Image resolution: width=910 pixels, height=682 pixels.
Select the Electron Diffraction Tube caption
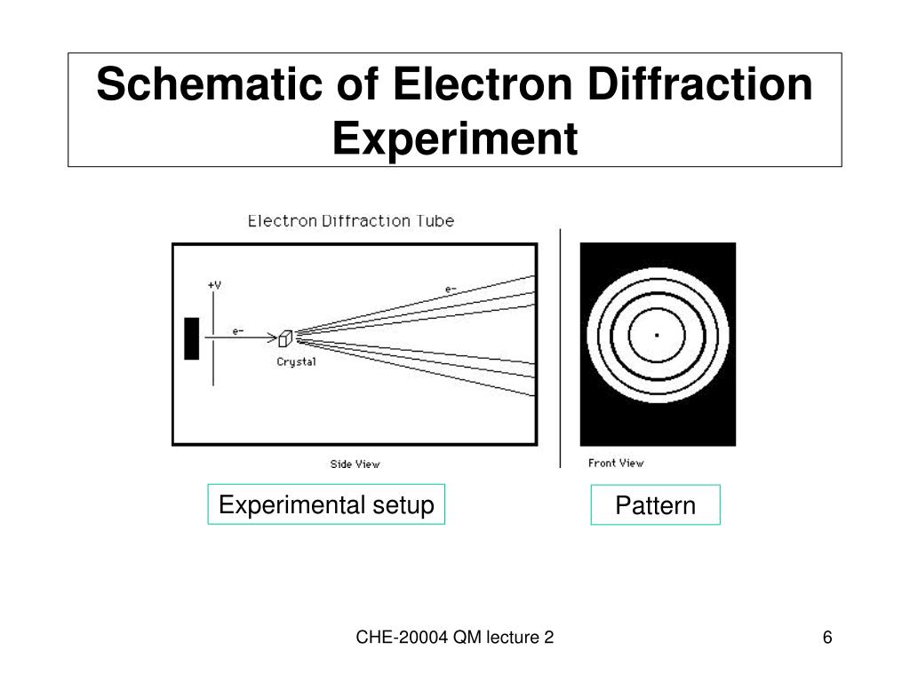pos(350,221)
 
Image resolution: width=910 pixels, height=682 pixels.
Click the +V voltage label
pos(214,285)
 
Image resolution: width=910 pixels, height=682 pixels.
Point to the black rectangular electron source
pos(191,337)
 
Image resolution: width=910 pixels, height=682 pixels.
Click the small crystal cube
pos(285,338)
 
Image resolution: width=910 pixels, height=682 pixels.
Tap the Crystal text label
pos(296,361)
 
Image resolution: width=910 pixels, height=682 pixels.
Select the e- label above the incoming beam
pos(238,331)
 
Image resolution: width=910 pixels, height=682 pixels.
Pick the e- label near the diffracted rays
pos(451,289)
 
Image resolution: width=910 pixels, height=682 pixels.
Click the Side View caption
pos(355,464)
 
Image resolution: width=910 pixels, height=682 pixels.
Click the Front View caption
pos(616,463)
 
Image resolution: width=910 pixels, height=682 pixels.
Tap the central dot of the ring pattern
pos(657,335)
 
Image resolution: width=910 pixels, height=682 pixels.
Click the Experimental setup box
pos(326,504)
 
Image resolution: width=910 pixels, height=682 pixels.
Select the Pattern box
pos(655,505)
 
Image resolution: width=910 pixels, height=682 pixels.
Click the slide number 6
pos(827,638)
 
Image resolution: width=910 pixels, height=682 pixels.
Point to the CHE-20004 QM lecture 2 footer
pos(455,638)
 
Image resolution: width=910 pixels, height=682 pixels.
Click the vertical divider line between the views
pos(560,346)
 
